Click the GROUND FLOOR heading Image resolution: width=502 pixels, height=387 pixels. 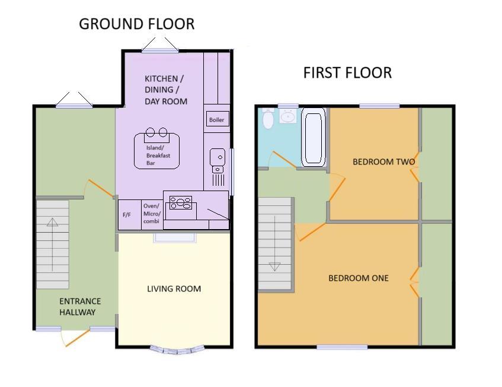136,24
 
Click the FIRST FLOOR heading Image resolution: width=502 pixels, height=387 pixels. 347,73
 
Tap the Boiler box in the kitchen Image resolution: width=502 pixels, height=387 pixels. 216,119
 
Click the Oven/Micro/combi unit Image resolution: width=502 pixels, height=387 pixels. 151,214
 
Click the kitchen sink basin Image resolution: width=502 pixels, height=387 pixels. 216,158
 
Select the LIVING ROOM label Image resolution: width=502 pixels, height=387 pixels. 174,289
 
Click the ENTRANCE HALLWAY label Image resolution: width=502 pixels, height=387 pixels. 80,306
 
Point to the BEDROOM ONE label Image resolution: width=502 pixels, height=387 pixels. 359,278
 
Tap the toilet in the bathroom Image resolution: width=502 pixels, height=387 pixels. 268,119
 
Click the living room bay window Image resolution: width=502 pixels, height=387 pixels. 172,349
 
